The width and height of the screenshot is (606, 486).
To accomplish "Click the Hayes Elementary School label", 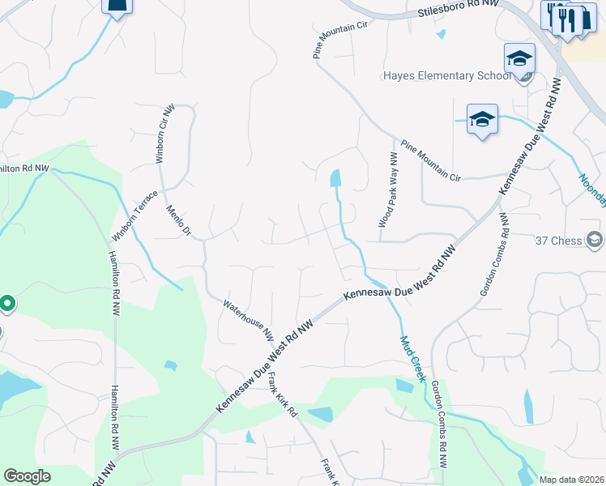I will tap(446, 76).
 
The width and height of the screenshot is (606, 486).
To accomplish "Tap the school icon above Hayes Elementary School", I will tap(519, 58).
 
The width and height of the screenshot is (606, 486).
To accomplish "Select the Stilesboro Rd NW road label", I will tap(459, 9).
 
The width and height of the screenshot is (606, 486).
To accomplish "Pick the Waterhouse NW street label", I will tap(249, 318).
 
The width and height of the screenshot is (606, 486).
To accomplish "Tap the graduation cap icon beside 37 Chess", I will tap(595, 240).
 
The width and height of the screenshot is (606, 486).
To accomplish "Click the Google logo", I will tap(27, 476).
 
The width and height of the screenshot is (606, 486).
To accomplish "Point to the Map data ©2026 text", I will tap(570, 480).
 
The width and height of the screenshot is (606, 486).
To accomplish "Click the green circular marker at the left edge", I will tap(6, 305).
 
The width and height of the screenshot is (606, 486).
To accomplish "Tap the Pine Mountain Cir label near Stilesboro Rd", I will tap(340, 40).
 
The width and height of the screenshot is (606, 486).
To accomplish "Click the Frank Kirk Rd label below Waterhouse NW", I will tap(281, 395).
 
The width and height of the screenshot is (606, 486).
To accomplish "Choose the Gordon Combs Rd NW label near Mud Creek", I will tap(439, 425).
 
